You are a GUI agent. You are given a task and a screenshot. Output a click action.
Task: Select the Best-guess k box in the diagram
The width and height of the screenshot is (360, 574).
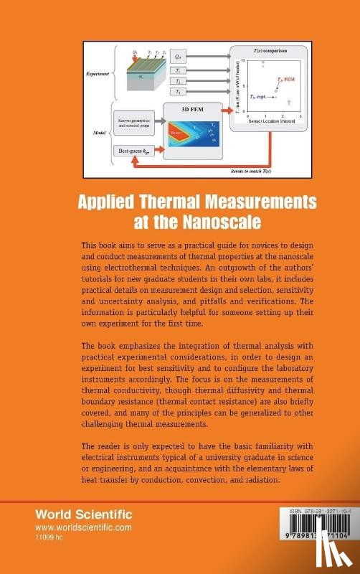point(133,151)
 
